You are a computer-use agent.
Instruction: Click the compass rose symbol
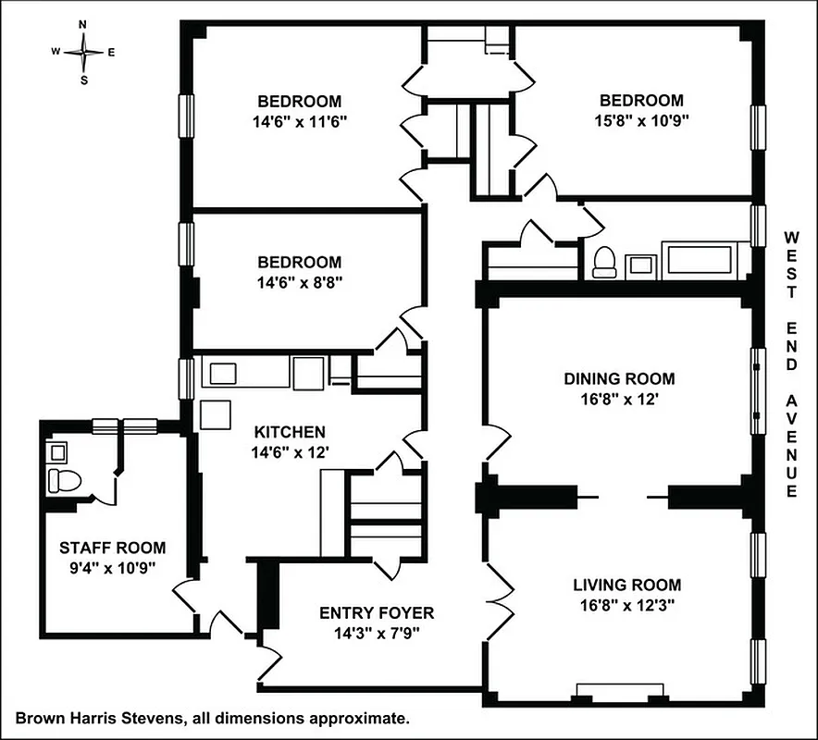(83, 52)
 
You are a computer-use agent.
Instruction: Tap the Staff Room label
(99, 547)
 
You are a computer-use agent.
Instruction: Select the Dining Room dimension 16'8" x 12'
(619, 400)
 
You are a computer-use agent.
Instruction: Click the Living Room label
(626, 585)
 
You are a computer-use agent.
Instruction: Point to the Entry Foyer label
(376, 612)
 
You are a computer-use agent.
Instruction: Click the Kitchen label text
(290, 432)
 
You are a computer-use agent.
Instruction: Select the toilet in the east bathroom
(605, 262)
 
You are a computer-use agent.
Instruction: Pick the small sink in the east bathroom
(641, 265)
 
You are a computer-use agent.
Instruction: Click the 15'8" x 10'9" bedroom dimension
(641, 120)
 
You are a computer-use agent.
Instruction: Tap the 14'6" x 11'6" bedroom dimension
(299, 121)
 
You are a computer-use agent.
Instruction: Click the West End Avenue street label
(791, 364)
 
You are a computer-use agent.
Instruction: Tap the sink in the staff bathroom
(58, 452)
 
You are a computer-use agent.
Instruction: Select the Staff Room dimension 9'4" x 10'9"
(99, 567)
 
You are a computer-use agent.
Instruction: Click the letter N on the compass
(83, 25)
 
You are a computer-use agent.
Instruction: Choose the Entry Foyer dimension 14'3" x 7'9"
(376, 634)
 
